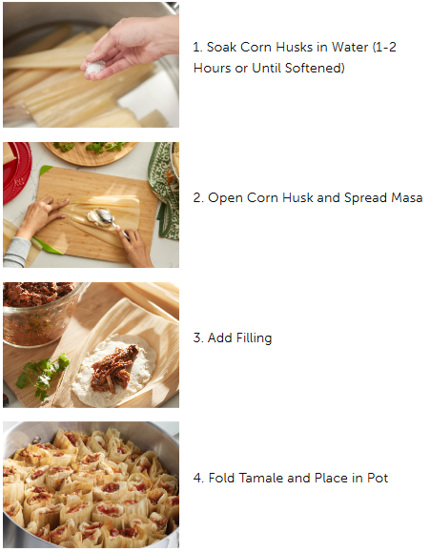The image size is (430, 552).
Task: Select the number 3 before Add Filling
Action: point(197,337)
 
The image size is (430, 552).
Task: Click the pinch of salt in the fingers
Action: point(94,68)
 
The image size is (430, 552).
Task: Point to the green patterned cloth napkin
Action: point(164,190)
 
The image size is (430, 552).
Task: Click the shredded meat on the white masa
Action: point(113,369)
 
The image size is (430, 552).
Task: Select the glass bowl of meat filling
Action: point(40,314)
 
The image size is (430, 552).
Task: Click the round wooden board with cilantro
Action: point(91,153)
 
